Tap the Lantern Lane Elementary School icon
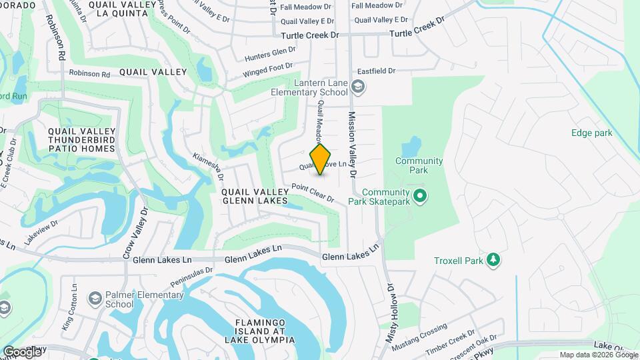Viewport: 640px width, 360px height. pyautogui.click(x=358, y=86)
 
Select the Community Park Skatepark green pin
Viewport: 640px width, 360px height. pyautogui.click(x=419, y=196)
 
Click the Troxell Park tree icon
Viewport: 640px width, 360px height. pyautogui.click(x=493, y=259)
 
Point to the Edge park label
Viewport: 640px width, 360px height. pyautogui.click(x=591, y=133)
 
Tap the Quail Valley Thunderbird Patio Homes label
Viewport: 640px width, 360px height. pyautogui.click(x=82, y=139)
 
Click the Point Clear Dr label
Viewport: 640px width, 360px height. pyautogui.click(x=313, y=193)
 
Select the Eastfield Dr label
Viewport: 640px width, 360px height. pyautogui.click(x=377, y=70)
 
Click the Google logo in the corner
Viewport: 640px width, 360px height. pyautogui.click(x=22, y=351)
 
